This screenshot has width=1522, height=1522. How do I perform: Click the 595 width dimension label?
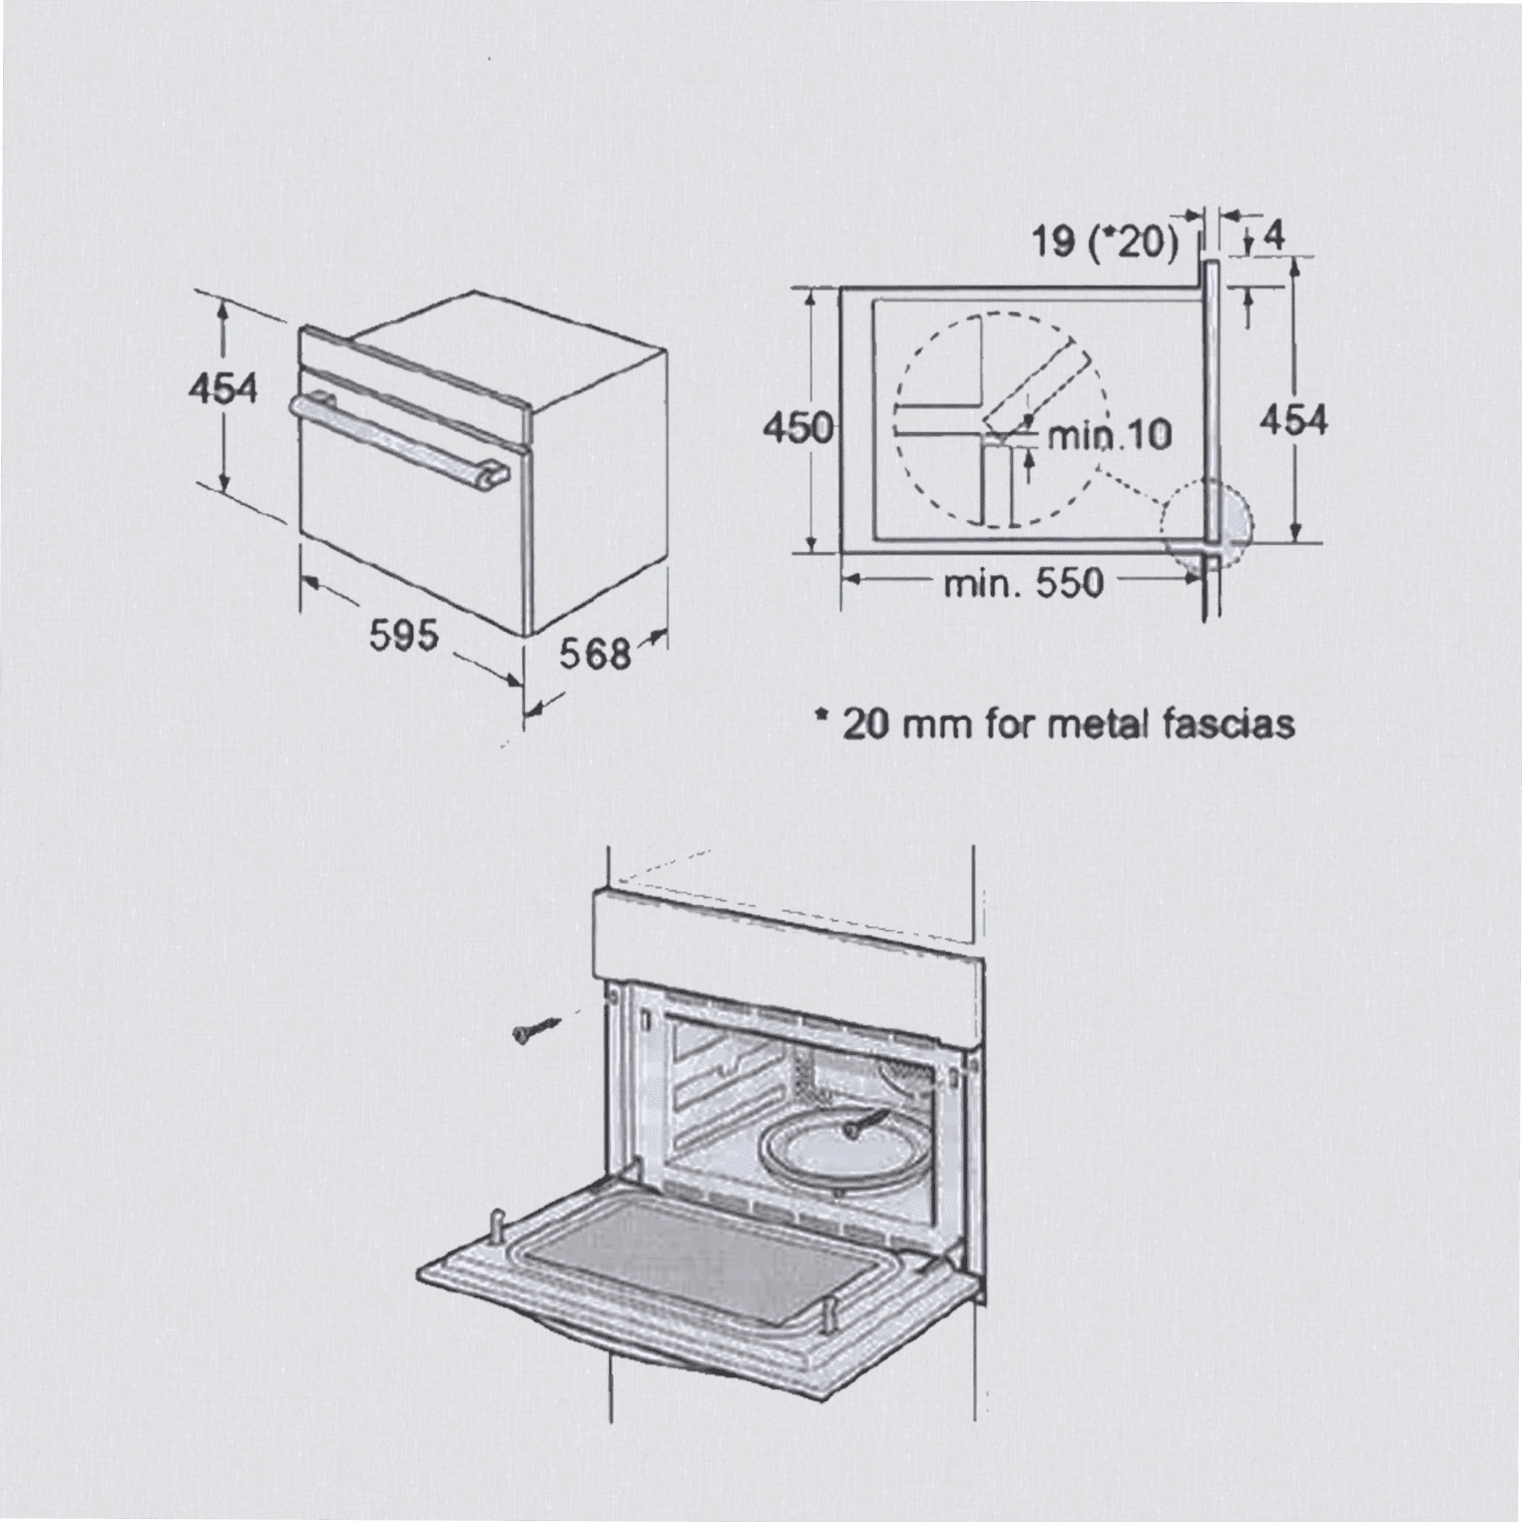point(404,635)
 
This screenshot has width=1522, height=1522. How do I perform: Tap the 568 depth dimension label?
point(595,655)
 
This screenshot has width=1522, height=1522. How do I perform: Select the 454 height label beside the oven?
point(224,388)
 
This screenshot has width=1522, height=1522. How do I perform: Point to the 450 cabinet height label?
point(797,428)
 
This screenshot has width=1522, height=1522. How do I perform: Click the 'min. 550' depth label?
point(1024,582)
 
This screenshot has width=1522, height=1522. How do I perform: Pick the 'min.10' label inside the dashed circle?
point(1109,435)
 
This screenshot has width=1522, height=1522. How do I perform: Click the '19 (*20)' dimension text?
point(1105,241)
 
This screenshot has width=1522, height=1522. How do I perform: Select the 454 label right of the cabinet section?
point(1293,420)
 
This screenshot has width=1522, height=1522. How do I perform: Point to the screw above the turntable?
point(865,1122)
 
